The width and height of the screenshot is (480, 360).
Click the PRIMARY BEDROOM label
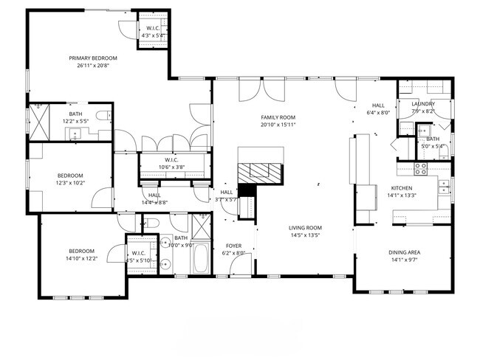(93, 58)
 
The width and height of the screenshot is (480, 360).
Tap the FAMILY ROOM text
(278, 117)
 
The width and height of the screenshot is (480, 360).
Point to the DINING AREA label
(404, 252)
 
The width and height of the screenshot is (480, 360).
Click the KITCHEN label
(401, 188)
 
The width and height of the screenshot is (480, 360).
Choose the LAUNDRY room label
(423, 104)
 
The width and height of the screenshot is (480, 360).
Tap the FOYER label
(234, 246)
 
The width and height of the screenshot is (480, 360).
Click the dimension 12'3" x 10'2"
(71, 183)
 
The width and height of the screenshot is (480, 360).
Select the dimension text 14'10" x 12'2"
(81, 258)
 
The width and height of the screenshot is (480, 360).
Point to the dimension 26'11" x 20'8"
(93, 66)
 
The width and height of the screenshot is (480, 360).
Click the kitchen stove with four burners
(421, 167)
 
